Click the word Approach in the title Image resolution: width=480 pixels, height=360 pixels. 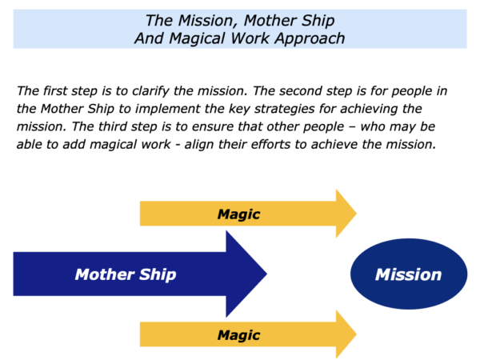pos(310,39)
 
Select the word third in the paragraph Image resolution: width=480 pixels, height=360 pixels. pos(112,126)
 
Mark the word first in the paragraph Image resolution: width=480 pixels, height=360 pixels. pos(54,91)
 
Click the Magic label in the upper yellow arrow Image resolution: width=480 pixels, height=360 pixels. pos(238,214)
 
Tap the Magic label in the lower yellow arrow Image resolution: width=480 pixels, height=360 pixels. pos(238,335)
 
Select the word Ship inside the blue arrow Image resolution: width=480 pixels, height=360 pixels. pos(158,274)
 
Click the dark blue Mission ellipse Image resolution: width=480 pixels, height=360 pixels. pos(409,274)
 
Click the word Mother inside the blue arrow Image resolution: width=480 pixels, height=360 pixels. pos(105,274)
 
